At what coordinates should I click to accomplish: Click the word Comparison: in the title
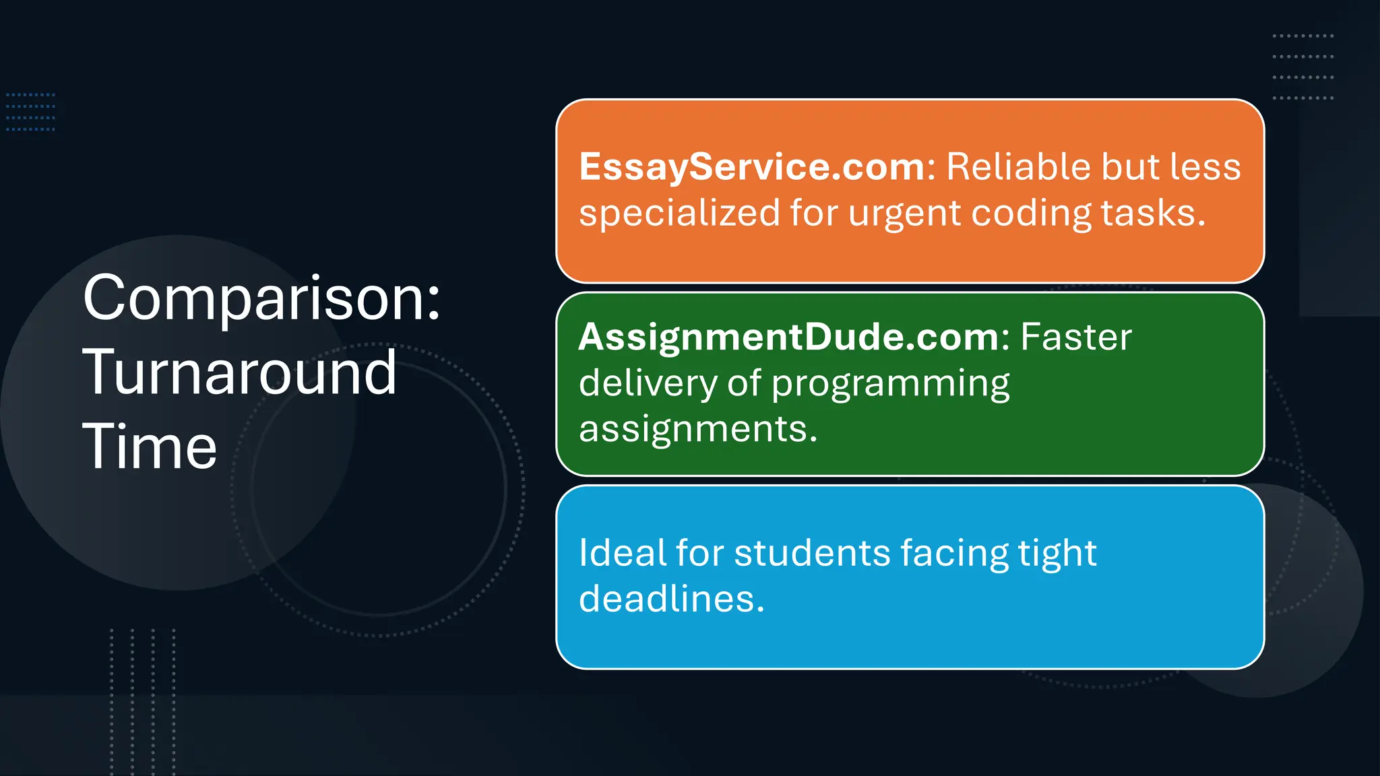click(x=261, y=298)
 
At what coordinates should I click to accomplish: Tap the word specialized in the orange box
click(x=679, y=214)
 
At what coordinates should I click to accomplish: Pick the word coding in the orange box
click(x=1030, y=214)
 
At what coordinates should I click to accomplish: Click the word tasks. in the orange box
click(x=1153, y=214)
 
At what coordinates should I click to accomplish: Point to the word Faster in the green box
click(x=1076, y=337)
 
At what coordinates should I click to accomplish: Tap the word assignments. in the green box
click(x=698, y=429)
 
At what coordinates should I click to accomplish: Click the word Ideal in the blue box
click(x=621, y=553)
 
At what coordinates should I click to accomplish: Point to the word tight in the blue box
click(x=1057, y=554)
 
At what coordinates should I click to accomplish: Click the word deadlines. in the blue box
click(x=672, y=599)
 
